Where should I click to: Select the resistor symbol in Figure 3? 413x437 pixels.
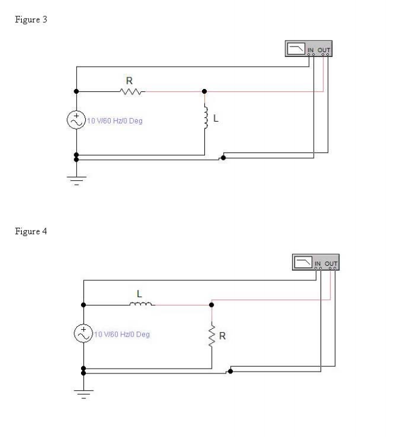131,92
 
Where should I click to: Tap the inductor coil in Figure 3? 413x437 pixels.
206,118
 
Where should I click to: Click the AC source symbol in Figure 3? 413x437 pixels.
76,120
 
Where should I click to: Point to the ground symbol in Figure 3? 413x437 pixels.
76,179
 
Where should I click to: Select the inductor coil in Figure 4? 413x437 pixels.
141,304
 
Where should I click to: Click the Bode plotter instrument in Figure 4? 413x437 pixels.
316,262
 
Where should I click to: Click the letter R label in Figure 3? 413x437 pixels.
129,80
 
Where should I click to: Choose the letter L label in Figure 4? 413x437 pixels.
139,294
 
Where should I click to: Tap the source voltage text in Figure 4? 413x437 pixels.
122,334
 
